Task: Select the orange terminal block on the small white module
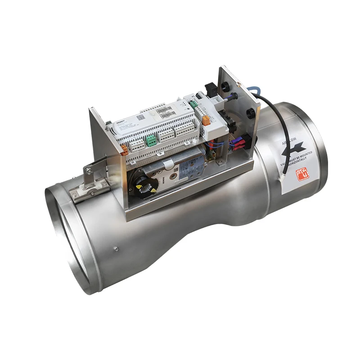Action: point(206,121)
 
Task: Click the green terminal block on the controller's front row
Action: point(152,141)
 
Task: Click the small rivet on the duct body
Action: point(116,249)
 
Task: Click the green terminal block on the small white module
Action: point(193,103)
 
